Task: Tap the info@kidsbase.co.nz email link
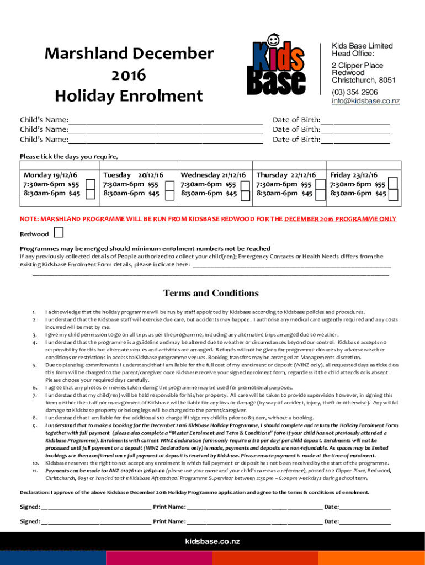(x=365, y=101)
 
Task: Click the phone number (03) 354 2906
(x=354, y=92)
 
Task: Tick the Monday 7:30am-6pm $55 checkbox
(x=91, y=184)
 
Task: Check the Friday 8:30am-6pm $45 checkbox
(x=393, y=194)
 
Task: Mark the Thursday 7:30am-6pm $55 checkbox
(x=320, y=184)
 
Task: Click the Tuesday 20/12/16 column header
(x=133, y=175)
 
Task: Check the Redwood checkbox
(x=59, y=233)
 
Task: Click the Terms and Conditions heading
(x=211, y=293)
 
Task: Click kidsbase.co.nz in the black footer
(x=212, y=542)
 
